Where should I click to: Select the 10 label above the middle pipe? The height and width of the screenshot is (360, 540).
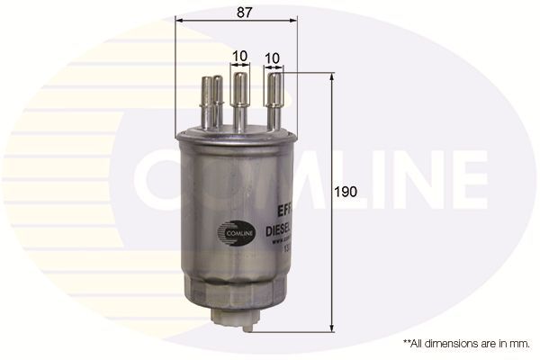point(239,55)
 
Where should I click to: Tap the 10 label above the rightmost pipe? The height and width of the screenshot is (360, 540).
point(272,55)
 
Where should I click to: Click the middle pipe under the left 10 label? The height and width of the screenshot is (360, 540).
point(239,99)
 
